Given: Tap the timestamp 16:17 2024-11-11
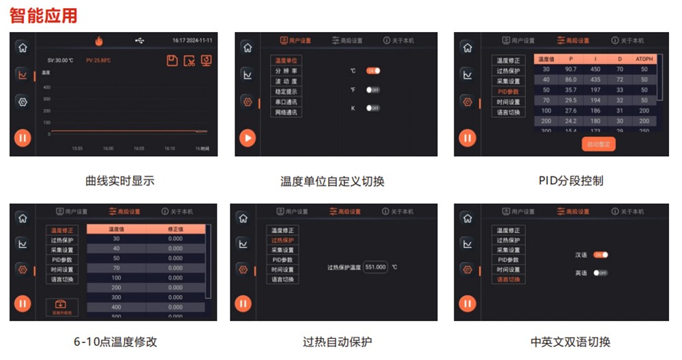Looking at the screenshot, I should pyautogui.click(x=192, y=41).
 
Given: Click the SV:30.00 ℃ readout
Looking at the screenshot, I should pyautogui.click(x=60, y=60).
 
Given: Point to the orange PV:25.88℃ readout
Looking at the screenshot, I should pyautogui.click(x=99, y=60).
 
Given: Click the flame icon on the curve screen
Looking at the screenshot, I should pyautogui.click(x=99, y=41).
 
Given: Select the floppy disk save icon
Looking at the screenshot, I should pyautogui.click(x=173, y=61).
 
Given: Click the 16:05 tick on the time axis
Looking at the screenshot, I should pyautogui.click(x=138, y=148).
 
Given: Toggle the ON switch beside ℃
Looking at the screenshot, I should pyautogui.click(x=373, y=71).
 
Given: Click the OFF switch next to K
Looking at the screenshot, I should pyautogui.click(x=373, y=108).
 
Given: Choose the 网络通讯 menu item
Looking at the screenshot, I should pyautogui.click(x=286, y=112).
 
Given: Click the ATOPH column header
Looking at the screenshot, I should pyautogui.click(x=644, y=59).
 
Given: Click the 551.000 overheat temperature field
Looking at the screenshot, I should pyautogui.click(x=375, y=267).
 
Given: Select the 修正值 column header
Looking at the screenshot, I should pyautogui.click(x=175, y=229).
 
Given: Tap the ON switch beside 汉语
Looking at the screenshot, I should pyautogui.click(x=600, y=255).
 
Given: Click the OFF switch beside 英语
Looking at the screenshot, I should pyautogui.click(x=600, y=273).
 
